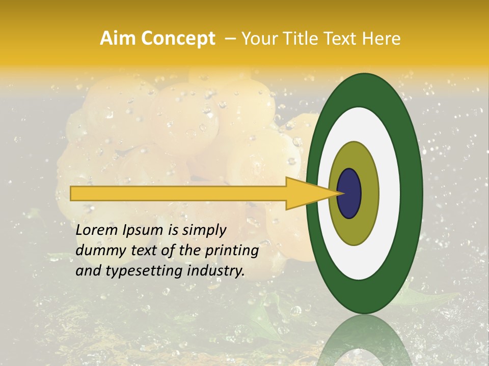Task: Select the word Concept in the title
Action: [x=178, y=39]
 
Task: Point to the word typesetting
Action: [x=134, y=271]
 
